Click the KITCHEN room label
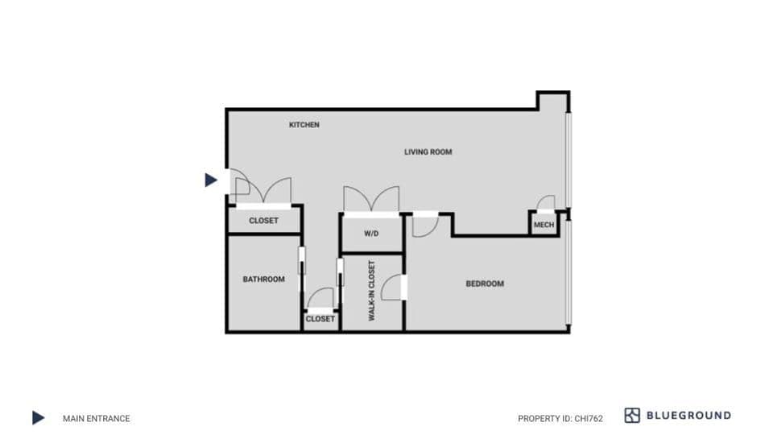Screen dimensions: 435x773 304,125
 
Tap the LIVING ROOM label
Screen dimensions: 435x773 428,151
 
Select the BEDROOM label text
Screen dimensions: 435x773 485,284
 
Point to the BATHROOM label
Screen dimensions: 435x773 263,280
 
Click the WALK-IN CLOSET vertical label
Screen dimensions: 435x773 372,291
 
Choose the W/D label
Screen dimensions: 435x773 371,234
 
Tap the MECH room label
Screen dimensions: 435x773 544,225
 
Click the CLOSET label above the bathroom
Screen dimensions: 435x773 263,221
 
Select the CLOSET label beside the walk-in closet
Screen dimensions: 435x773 320,319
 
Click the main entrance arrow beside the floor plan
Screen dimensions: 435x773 211,180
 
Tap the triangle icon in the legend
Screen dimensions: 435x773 38,417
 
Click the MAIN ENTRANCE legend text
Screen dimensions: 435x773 96,418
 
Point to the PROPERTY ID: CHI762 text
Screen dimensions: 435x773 560,418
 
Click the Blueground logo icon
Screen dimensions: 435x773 632,416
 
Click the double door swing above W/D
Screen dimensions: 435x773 371,200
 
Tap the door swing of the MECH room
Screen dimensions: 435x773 546,203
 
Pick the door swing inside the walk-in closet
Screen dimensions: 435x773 392,288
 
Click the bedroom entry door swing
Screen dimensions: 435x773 424,226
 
